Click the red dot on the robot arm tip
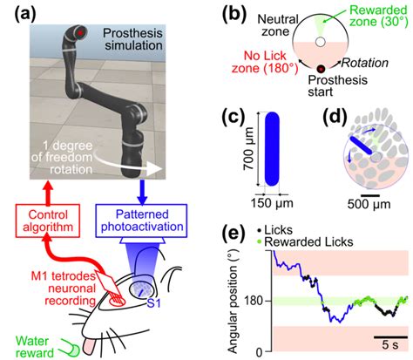(x=81, y=34)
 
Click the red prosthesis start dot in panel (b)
(x=322, y=69)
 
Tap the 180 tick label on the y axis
(x=254, y=302)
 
